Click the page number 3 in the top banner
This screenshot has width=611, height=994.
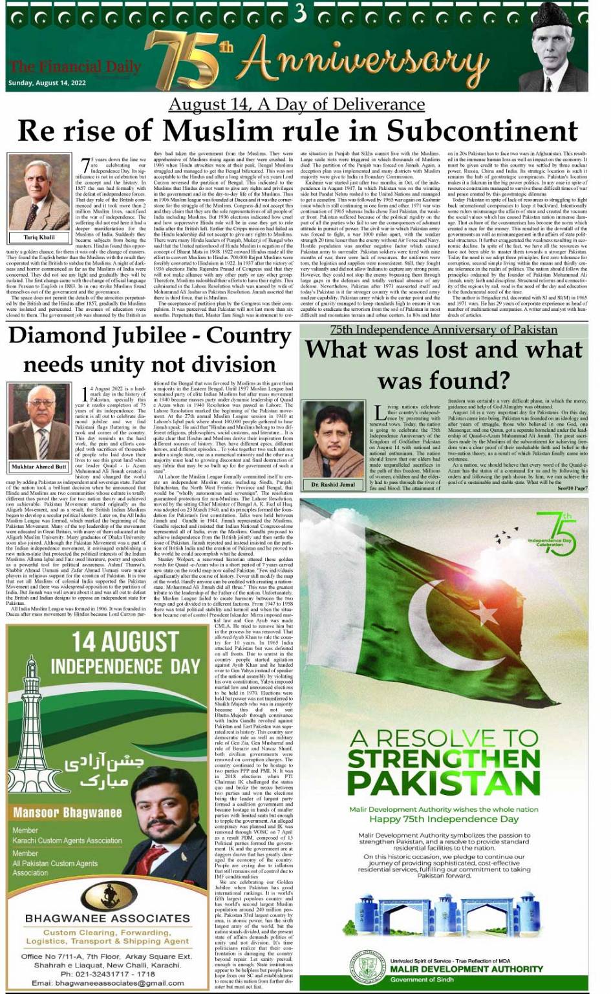300,14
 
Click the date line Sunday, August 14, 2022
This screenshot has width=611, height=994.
47,83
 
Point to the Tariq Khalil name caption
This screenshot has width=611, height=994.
39,237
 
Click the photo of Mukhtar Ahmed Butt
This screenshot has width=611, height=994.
39,421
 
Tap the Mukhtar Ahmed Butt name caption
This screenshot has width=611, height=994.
39,466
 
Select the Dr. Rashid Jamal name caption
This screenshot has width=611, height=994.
333,484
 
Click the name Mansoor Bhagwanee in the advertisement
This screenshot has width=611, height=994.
67,812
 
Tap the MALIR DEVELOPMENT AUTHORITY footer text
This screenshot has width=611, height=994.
466,969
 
